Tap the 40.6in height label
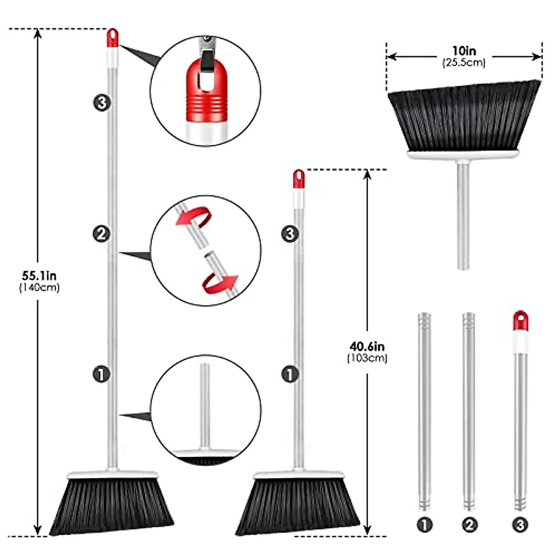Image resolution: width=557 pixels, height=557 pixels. pos(367,346)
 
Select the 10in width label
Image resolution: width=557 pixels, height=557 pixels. pos(464,51)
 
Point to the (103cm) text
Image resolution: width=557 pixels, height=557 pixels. pos(367,358)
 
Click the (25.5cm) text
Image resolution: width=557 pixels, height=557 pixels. pos(464,63)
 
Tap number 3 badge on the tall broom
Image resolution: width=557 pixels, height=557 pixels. pos(102,103)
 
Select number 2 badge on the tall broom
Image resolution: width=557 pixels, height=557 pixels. pos(102,233)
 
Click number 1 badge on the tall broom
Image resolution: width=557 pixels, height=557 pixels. pos(102,374)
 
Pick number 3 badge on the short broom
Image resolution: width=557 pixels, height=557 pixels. pos(290,233)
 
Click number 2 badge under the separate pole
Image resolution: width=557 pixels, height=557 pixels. pos(469,525)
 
